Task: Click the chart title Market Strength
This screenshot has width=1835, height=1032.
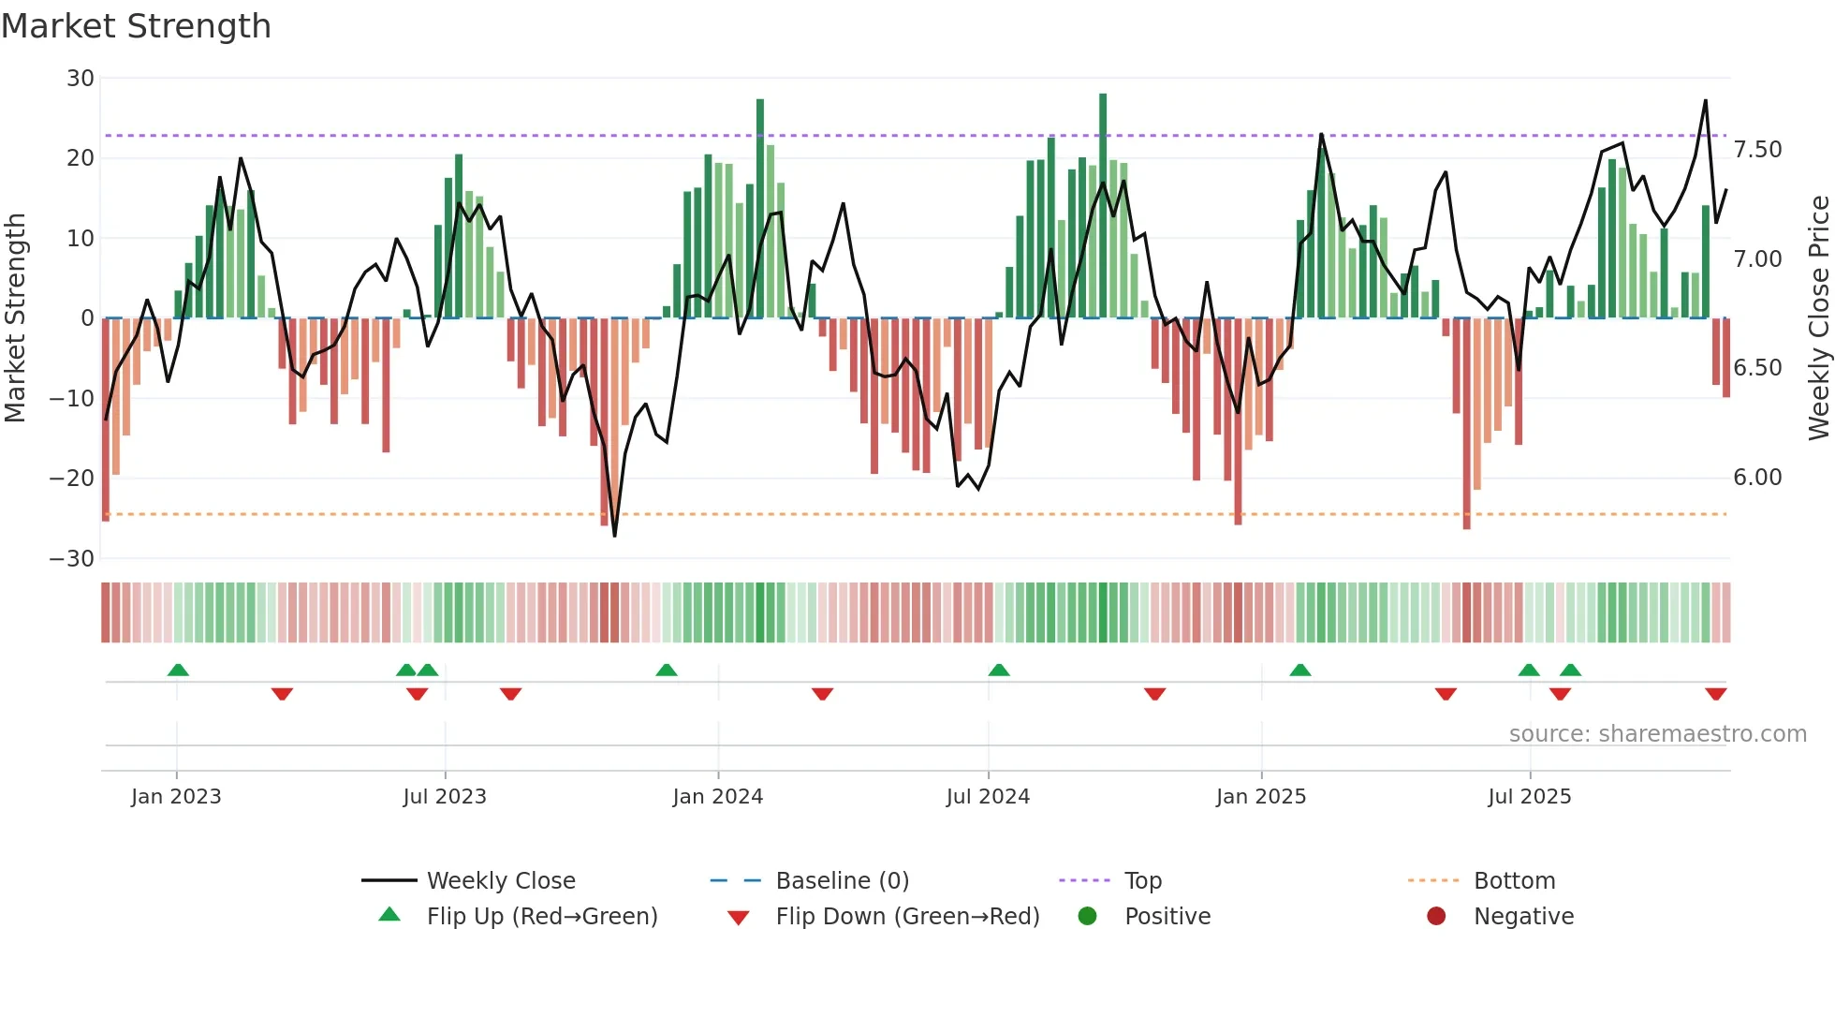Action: (x=136, y=26)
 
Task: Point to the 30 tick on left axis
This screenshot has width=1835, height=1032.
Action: (x=81, y=79)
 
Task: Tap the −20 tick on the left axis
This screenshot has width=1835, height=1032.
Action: (x=72, y=479)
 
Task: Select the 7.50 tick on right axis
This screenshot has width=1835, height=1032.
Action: (x=1757, y=150)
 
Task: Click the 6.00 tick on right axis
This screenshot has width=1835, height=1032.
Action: (x=1757, y=478)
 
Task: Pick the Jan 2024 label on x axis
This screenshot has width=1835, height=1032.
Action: (x=717, y=797)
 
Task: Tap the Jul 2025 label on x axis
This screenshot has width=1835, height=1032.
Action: (x=1529, y=797)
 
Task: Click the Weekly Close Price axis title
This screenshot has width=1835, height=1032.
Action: (x=1818, y=318)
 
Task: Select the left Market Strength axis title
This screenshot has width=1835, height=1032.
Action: (x=15, y=318)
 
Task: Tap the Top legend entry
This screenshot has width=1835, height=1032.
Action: (x=1142, y=881)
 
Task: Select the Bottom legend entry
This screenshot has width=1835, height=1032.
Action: (x=1514, y=881)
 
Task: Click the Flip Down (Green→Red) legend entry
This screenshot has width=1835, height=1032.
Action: (x=906, y=917)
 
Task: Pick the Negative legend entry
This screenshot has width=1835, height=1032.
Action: (x=1522, y=917)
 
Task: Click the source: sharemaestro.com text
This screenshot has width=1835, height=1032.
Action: (x=1657, y=734)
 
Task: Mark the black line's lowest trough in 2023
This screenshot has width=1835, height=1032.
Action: (x=615, y=535)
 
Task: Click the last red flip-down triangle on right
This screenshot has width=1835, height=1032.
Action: (x=1715, y=694)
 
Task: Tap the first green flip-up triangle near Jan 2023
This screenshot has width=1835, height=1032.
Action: (x=178, y=670)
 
